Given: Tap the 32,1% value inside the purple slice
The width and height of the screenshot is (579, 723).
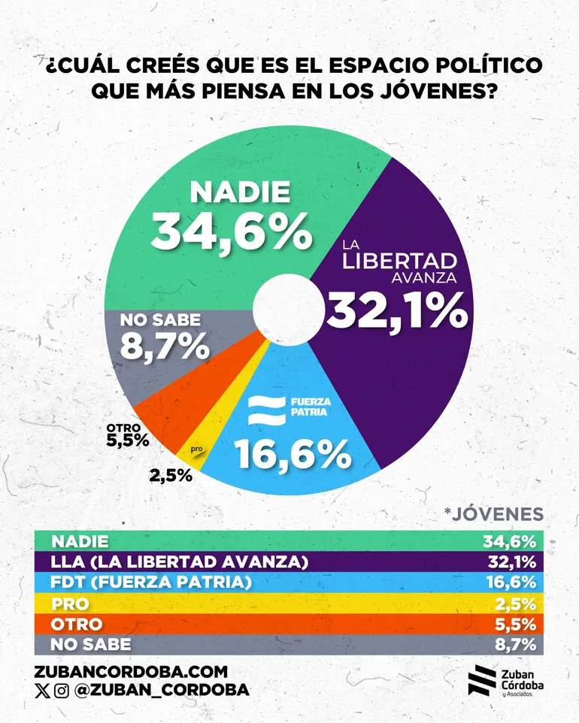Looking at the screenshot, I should pos(397,310).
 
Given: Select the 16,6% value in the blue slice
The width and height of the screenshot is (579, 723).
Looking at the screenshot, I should pos(293,454).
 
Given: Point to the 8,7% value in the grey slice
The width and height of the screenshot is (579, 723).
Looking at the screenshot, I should pos(164,346).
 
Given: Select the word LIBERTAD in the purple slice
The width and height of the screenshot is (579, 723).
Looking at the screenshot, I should pos(399,261).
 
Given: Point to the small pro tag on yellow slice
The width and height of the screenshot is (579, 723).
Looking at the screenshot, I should pos(198,450).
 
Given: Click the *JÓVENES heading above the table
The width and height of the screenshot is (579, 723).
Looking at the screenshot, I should pos(493,514).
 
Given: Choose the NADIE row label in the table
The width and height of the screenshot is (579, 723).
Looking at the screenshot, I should pos(80,541).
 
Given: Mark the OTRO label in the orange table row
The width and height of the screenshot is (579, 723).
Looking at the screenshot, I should pos(76,624).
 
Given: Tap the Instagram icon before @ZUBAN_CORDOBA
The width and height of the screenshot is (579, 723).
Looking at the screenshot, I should pos(62,690).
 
